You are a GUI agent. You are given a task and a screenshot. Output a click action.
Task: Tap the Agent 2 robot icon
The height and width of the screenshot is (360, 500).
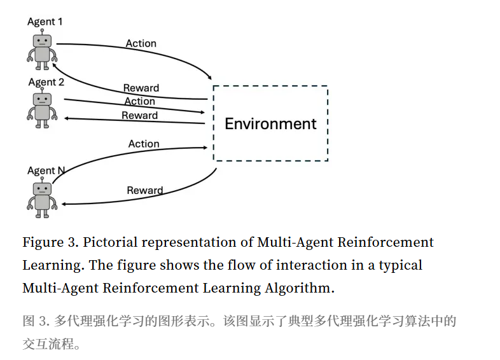[43, 109]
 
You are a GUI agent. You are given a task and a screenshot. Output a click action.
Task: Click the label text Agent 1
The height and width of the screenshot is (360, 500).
[45, 22]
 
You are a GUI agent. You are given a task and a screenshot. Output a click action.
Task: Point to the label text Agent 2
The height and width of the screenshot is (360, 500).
[46, 82]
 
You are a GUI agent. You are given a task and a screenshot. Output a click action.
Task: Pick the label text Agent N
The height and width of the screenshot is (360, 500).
[46, 170]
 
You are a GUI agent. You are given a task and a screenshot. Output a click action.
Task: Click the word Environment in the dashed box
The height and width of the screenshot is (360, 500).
[270, 123]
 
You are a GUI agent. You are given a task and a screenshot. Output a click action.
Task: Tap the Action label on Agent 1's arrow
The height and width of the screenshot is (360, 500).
[141, 43]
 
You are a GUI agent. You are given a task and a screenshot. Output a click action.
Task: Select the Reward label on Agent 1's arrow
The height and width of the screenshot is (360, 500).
[141, 88]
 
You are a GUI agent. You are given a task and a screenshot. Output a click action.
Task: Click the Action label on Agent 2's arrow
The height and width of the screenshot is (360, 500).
[139, 101]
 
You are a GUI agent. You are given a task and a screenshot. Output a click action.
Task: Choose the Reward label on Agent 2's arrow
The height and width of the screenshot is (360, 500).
[139, 115]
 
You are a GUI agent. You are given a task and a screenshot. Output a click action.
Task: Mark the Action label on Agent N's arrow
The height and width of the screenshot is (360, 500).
[144, 144]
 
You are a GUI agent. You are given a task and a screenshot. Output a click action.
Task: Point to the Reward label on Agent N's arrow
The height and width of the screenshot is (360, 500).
[144, 190]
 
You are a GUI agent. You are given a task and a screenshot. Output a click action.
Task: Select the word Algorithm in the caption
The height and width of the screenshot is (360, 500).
[299, 287]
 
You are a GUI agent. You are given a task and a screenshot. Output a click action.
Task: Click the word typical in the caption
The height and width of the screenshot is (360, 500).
[401, 265]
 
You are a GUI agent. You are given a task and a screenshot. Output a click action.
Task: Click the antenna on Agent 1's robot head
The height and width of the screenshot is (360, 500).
[42, 30]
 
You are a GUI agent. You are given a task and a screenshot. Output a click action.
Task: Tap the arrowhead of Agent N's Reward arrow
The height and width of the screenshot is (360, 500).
[64, 204]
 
